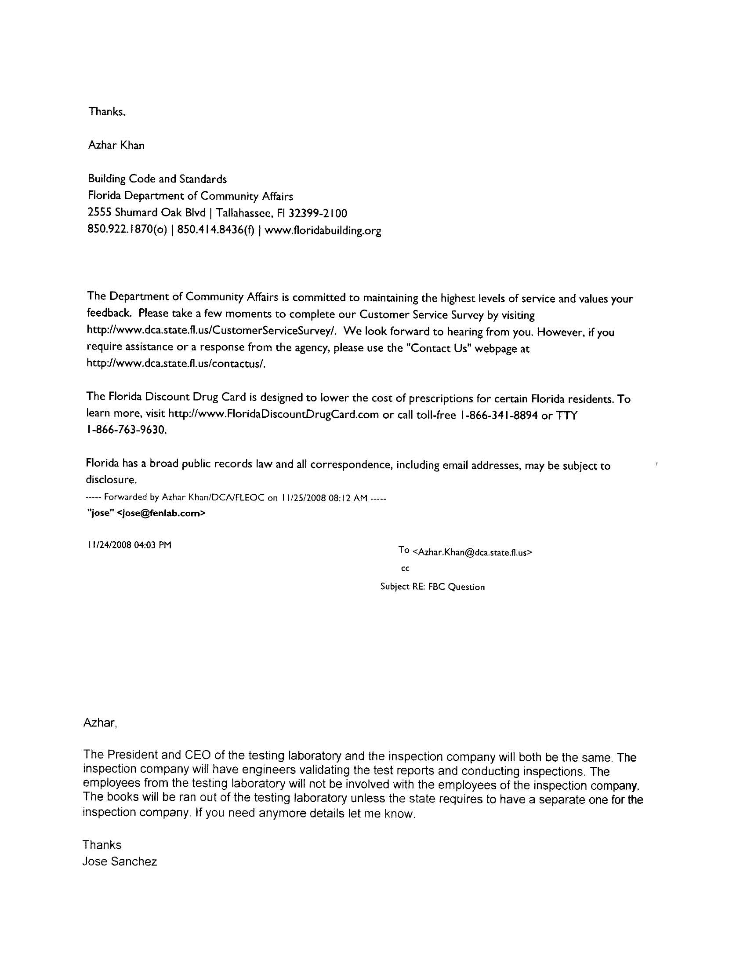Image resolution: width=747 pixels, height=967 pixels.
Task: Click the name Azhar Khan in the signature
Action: (116, 145)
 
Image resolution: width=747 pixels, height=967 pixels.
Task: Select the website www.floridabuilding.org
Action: (323, 231)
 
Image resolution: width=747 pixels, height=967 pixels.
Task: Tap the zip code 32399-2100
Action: (318, 213)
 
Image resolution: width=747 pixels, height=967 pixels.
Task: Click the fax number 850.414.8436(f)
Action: (215, 230)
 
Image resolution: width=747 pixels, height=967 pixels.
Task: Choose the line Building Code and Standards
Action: (157, 179)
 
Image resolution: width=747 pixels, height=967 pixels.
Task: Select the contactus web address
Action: (176, 364)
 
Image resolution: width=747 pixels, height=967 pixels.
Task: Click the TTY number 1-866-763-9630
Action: (126, 430)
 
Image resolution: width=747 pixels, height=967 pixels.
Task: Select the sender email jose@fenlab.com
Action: (161, 513)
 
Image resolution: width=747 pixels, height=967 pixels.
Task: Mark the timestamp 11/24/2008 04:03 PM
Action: (129, 544)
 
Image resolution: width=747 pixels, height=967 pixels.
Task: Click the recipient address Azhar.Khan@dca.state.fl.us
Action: (472, 552)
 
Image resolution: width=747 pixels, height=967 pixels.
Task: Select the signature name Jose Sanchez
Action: (120, 862)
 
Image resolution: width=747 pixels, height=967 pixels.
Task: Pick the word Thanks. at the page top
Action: (107, 112)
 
